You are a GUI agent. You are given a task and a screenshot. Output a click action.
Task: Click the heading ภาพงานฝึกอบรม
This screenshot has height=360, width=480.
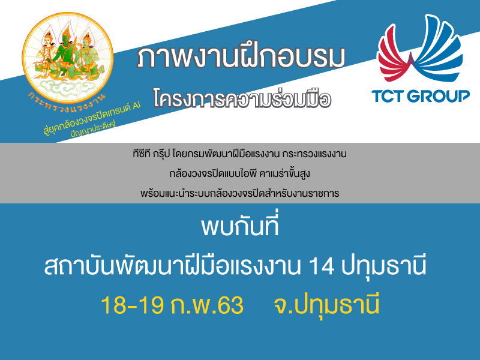[241, 57]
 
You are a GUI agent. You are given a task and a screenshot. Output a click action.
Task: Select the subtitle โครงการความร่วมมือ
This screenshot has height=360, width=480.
[242, 98]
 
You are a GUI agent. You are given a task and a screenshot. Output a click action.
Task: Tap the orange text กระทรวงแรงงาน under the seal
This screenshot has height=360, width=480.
[67, 103]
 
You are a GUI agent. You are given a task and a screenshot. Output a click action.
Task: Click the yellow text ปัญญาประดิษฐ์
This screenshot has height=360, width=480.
[93, 129]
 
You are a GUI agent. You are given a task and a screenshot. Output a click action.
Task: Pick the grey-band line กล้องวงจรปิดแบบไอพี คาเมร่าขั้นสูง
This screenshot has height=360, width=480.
[239, 173]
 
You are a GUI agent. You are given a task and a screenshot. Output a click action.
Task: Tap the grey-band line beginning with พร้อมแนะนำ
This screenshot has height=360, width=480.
[239, 193]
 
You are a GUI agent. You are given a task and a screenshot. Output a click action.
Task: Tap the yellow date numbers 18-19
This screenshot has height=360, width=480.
[132, 305]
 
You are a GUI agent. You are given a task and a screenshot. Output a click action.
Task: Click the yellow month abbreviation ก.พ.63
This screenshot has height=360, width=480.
[207, 305]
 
